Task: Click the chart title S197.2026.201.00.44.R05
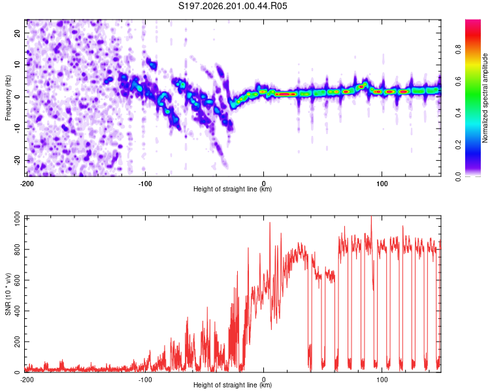pyautogui.click(x=233, y=6)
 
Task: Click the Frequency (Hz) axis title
pyautogui.click(x=8, y=98)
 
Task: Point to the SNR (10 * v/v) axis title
pyautogui.click(x=8, y=294)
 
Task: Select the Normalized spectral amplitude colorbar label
pyautogui.click(x=485, y=98)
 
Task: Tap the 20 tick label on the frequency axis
pyautogui.click(x=17, y=33)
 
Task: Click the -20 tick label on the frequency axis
pyautogui.click(x=17, y=160)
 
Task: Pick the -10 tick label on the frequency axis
pyautogui.click(x=17, y=128)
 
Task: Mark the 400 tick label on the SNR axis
pyautogui.click(x=17, y=311)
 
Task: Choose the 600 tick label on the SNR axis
pyautogui.click(x=17, y=280)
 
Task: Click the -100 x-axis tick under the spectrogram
pyautogui.click(x=145, y=184)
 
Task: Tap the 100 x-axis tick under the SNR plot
pyautogui.click(x=382, y=380)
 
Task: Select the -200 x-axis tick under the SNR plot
pyautogui.click(x=27, y=380)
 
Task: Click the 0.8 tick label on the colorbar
pyautogui.click(x=458, y=49)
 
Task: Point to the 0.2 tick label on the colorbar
pyautogui.click(x=458, y=145)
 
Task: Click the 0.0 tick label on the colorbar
pyautogui.click(x=458, y=176)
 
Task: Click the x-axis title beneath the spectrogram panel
pyautogui.click(x=233, y=189)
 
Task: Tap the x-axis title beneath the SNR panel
pyautogui.click(x=233, y=385)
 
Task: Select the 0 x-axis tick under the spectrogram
pyautogui.click(x=263, y=184)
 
